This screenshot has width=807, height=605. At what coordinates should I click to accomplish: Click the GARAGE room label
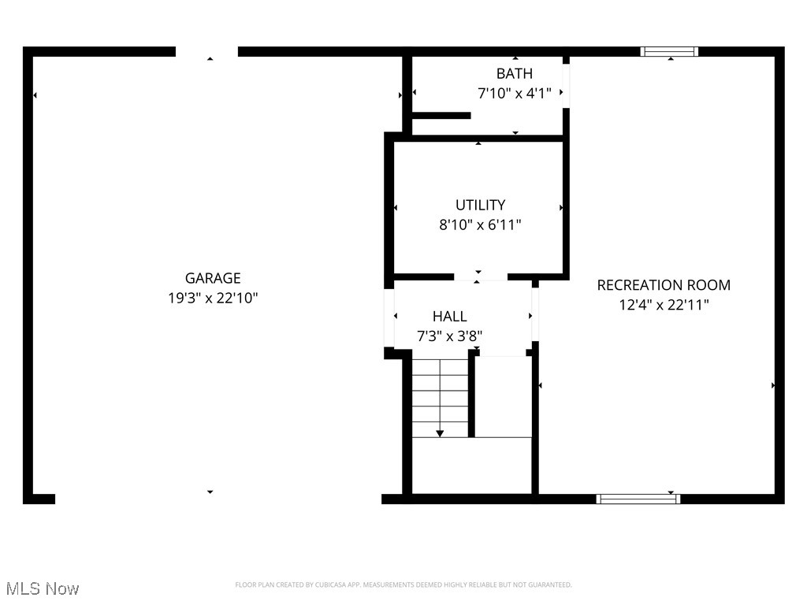coord(213,278)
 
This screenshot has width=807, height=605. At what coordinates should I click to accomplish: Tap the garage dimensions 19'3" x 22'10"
coord(213,299)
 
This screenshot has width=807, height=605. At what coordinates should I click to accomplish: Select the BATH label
coord(514,73)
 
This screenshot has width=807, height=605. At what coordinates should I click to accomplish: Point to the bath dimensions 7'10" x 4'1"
coord(514,93)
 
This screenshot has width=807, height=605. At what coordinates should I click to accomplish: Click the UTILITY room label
coord(480,205)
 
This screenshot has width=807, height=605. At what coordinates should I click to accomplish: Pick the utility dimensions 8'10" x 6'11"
coord(480,225)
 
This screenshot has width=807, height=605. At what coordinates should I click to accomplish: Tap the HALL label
coord(449,317)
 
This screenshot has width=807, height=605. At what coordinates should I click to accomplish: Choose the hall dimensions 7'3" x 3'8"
coord(449,336)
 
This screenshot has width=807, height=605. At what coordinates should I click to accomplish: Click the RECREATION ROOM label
coord(664,285)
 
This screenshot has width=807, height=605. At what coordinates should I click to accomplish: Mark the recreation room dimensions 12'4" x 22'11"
coord(664,305)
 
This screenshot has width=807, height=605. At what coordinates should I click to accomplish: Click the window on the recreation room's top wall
coord(669,52)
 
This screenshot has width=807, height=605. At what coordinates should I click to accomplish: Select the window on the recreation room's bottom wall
coord(638,499)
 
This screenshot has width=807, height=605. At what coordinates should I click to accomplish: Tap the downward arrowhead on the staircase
coord(440,432)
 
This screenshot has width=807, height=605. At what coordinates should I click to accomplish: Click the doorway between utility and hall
coord(481,277)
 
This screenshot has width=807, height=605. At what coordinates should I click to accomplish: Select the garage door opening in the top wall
coord(206,52)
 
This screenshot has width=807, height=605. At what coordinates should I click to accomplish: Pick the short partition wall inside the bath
coord(441,116)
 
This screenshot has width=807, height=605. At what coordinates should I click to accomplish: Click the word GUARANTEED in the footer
coord(547,585)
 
